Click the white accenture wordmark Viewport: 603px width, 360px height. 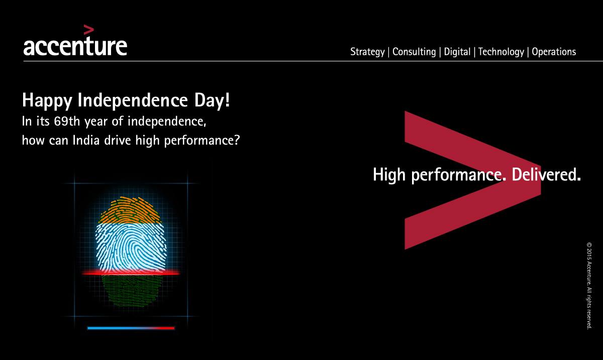(x=75, y=46)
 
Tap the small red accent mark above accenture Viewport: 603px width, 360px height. (x=89, y=30)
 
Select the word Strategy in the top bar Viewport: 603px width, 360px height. (x=367, y=52)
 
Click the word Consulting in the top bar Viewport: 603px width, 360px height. (x=414, y=52)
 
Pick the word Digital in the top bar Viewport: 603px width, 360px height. (x=457, y=52)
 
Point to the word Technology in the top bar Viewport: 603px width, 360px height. (x=501, y=52)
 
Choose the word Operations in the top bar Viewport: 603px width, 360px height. (x=554, y=52)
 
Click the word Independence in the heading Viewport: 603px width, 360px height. (x=133, y=100)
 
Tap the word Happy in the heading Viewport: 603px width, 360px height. (x=47, y=100)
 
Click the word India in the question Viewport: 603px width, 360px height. (x=86, y=140)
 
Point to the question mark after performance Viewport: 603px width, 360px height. (x=237, y=140)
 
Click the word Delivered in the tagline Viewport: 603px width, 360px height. (x=546, y=174)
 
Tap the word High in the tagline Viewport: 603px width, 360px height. (x=389, y=175)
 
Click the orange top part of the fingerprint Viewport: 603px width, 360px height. (x=130, y=210)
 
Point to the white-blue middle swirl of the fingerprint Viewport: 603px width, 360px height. (x=131, y=248)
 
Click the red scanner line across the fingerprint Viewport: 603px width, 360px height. (x=131, y=273)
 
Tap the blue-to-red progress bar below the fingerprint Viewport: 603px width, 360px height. (x=131, y=328)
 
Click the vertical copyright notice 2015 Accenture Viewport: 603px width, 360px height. (x=589, y=286)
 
